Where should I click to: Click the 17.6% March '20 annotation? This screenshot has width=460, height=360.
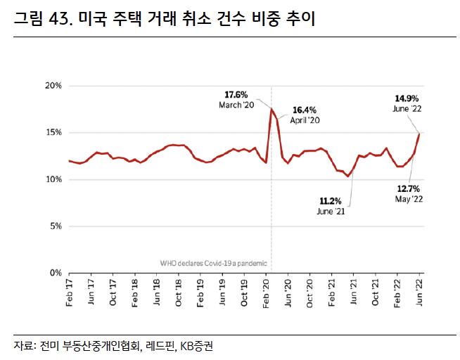[x=236, y=99]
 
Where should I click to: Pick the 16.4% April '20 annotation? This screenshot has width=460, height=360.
[x=305, y=115]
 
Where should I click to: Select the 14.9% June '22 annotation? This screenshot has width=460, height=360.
[x=407, y=103]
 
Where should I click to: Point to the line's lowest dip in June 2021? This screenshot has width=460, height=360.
[x=348, y=176]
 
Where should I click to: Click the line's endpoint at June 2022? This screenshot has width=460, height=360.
[x=420, y=133]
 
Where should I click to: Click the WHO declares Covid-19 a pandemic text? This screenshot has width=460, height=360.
[x=214, y=263]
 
